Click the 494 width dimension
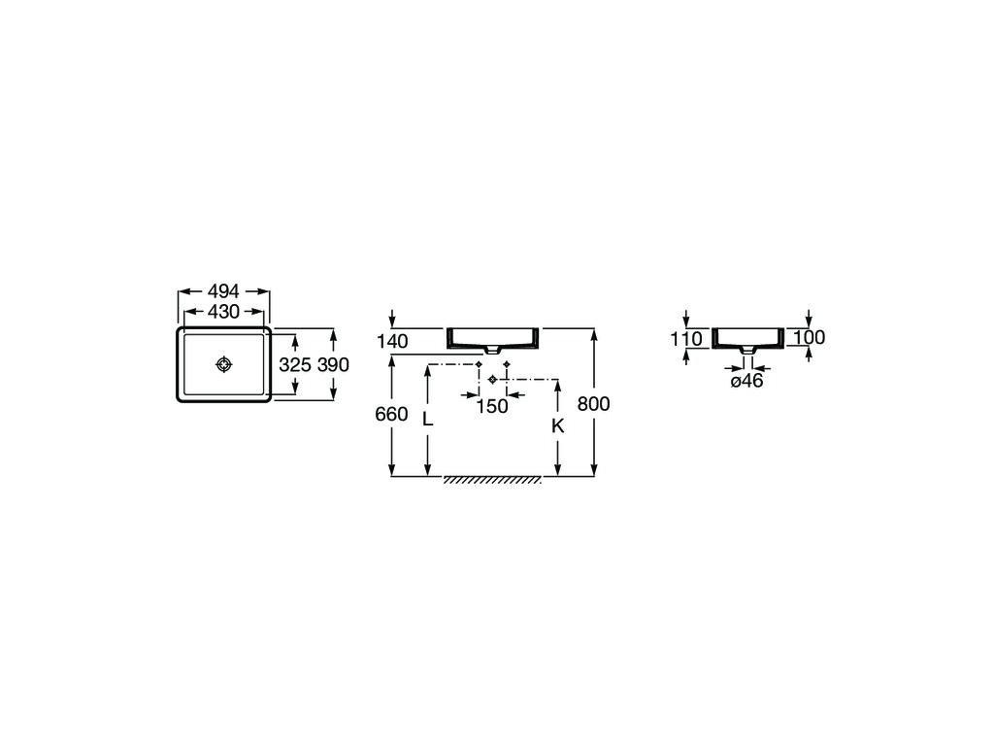coord(223,291)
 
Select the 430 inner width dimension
coord(223,312)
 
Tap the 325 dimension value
coord(294,365)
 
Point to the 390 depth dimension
coord(333,365)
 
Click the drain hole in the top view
coord(224,364)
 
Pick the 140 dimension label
coord(393,341)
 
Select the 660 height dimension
coord(391,414)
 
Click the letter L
coord(427,420)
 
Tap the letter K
coord(557,425)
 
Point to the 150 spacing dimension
coord(492,406)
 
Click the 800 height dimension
coord(593,404)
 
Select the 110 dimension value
coord(685,339)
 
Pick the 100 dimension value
coord(809,338)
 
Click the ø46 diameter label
coord(746,381)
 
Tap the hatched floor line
coord(492,480)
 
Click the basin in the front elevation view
coord(492,338)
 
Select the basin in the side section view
coord(747,338)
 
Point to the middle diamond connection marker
coord(493,379)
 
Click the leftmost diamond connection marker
coord(480,364)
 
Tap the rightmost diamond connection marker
coord(507,364)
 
